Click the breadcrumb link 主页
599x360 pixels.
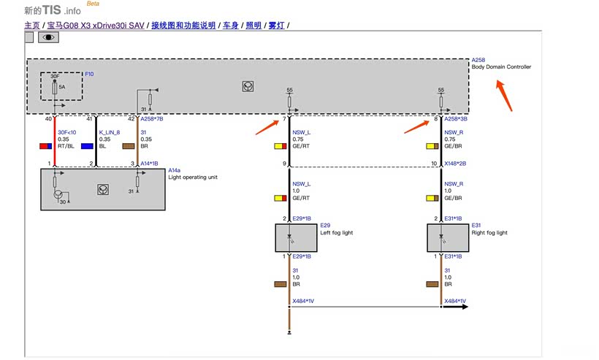click(x=32, y=26)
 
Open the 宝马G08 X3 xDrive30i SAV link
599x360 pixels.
click(x=95, y=26)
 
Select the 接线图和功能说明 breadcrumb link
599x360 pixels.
click(x=183, y=26)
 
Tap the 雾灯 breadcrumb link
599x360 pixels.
click(x=276, y=26)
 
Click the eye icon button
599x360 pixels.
click(x=48, y=37)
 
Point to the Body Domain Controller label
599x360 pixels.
click(x=501, y=67)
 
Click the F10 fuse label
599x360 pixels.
click(x=89, y=74)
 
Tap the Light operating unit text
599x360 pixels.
click(x=192, y=177)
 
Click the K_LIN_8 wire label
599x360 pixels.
click(x=109, y=132)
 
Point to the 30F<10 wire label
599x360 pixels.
click(x=68, y=132)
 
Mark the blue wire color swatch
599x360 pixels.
click(x=86, y=146)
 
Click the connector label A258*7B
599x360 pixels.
click(x=151, y=118)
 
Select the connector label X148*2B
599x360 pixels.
click(x=455, y=164)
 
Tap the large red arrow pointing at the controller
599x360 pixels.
click(x=504, y=95)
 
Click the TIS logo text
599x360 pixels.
click(x=53, y=10)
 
